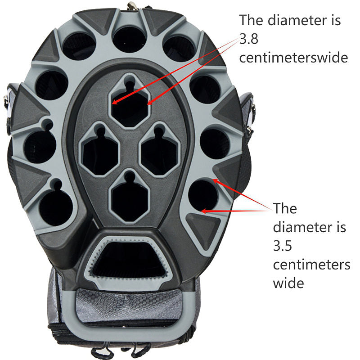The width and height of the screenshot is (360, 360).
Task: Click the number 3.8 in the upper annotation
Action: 249,39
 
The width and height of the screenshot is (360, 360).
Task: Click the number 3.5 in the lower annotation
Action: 283,246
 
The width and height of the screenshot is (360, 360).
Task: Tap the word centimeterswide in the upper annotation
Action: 293,58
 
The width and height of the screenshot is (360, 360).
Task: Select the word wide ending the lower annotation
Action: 288,283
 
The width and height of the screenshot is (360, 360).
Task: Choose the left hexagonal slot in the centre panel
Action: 100,153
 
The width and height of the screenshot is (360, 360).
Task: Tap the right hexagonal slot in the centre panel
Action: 160,153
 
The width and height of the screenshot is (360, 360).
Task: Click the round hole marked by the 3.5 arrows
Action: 203,195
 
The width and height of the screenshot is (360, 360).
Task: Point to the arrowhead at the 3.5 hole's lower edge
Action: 204,211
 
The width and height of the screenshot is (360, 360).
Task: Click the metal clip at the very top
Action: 132,5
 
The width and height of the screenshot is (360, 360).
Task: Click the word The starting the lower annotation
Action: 285,208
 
